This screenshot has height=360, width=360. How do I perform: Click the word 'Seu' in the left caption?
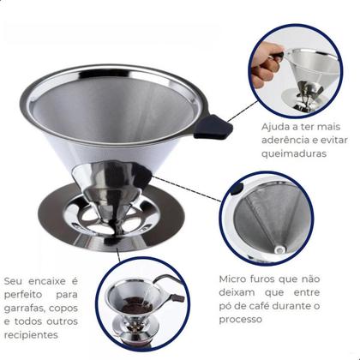pos(15,280)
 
